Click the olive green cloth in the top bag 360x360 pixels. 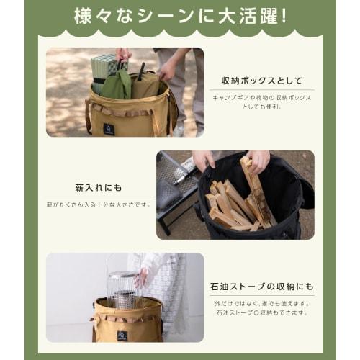pyautogui.click(x=117, y=86)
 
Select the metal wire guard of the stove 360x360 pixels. pyautogui.click(x=125, y=289)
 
